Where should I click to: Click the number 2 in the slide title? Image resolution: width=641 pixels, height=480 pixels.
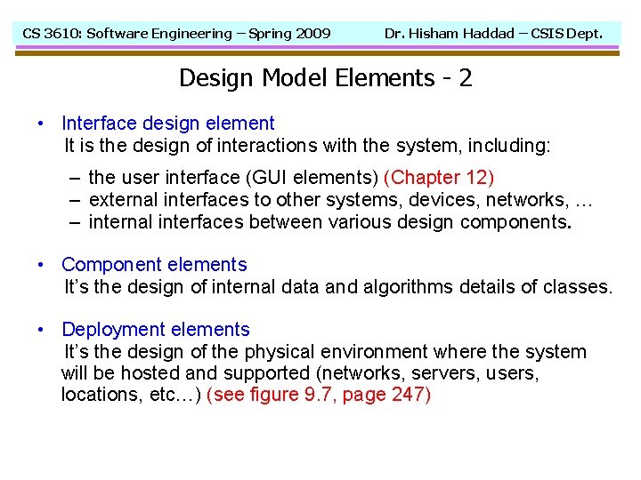pos(465,78)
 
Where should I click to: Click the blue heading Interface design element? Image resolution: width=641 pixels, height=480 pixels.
pos(168,124)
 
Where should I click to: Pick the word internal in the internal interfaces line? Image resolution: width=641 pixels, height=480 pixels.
pos(122,221)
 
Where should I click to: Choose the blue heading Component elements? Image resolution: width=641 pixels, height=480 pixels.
pos(154,265)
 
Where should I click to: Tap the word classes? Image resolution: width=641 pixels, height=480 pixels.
pos(580,287)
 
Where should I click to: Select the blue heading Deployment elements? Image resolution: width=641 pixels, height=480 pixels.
pos(156,331)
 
